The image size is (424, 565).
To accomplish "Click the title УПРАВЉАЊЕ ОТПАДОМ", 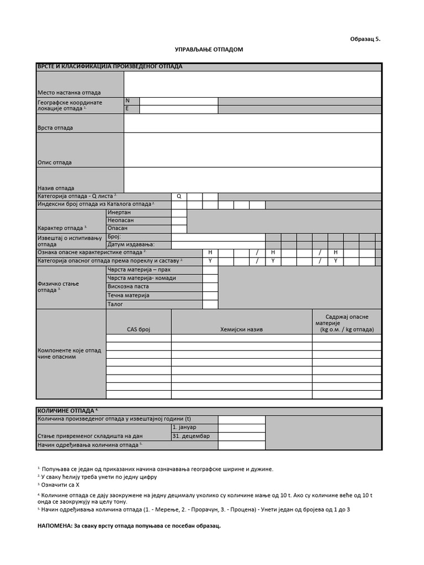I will [209, 50].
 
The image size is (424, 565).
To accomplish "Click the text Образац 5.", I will [365, 39].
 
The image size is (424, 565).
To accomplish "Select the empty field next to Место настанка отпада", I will [252, 84].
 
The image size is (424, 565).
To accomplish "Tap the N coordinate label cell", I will [131, 101].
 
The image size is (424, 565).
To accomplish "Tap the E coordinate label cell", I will [131, 109].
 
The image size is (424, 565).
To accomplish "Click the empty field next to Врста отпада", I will [252, 123].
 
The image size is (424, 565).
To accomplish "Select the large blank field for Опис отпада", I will [252, 150].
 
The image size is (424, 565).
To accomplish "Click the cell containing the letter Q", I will [179, 196].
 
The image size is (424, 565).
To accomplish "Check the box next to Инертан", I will [179, 212].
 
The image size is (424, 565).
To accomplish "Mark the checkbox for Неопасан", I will [179, 220].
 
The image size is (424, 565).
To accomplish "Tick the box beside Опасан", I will [179, 228].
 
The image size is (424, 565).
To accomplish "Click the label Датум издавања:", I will [131, 244].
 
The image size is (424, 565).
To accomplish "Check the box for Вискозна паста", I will [210, 287].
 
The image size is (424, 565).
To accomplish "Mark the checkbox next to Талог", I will [210, 304].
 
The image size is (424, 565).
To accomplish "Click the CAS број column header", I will [139, 329].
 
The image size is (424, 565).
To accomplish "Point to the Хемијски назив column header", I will [242, 329].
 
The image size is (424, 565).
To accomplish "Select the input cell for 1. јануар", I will [241, 428].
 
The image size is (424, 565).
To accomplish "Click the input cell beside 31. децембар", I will [241, 436].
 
